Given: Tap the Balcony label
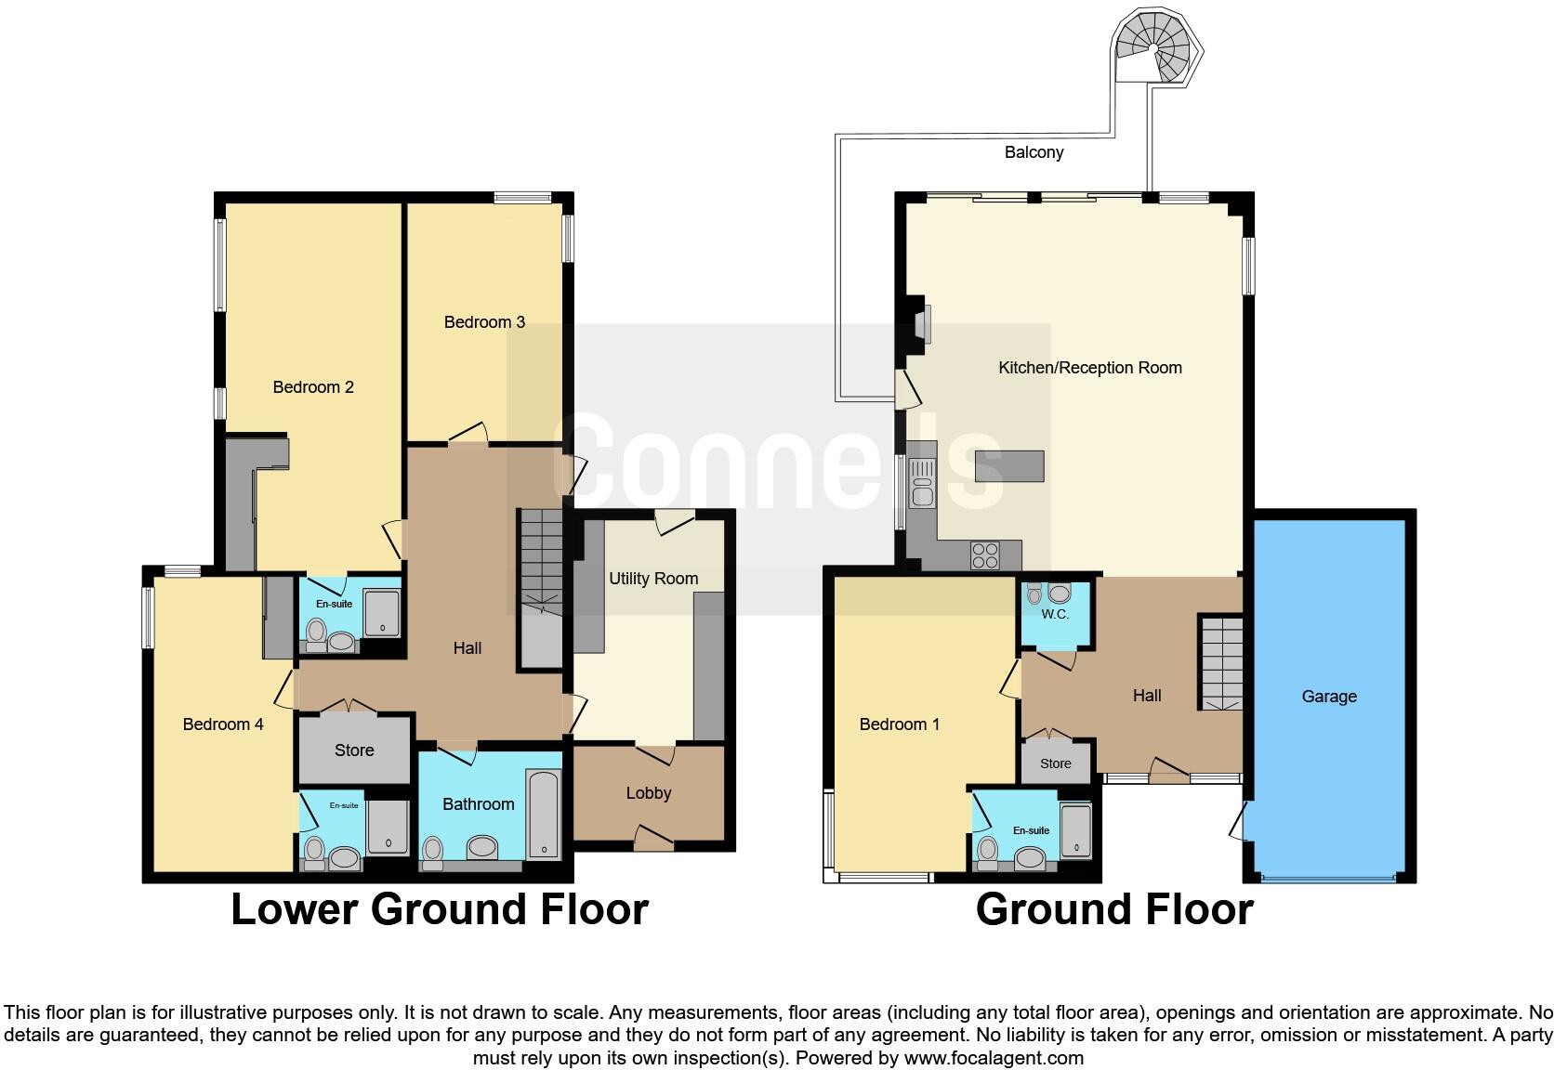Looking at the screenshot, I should (1034, 152).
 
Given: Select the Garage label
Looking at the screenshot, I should (1329, 697).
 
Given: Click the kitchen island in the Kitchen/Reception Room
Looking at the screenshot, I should (1009, 466).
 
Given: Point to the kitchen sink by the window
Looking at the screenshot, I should (923, 483).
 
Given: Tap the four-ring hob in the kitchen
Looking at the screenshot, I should (985, 555).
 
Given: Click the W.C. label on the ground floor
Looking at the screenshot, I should (1055, 615).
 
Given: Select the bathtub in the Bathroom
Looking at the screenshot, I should (543, 814).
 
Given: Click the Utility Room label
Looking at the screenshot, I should (653, 579).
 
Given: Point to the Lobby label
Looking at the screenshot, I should (648, 793).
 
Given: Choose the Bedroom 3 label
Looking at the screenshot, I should (484, 322).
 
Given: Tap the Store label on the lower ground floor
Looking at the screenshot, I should (354, 750).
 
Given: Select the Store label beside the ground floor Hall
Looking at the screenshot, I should (1056, 763).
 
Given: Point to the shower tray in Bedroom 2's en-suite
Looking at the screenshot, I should (382, 614).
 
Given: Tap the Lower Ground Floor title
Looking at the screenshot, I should (439, 909).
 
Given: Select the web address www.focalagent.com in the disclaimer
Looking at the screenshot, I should (994, 1058).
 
